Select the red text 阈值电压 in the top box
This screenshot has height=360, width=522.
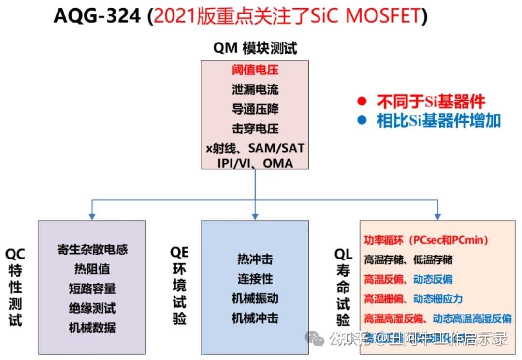click(x=255, y=70)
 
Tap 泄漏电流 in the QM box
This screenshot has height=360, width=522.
click(x=255, y=89)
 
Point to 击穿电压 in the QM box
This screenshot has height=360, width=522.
click(x=255, y=129)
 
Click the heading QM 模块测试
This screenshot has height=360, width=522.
click(x=255, y=48)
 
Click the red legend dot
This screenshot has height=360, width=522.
click(x=361, y=101)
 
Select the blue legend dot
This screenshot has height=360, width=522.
click(x=361, y=120)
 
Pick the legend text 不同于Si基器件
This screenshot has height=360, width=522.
click(x=431, y=101)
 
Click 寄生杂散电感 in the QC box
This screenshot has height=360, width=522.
click(x=92, y=249)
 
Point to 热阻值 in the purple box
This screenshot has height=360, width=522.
click(x=92, y=269)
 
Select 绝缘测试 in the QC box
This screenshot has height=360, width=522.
click(x=92, y=308)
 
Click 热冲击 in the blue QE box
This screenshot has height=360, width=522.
click(x=255, y=259)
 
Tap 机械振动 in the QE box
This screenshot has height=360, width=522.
click(x=255, y=298)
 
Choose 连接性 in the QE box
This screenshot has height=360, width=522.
click(x=255, y=278)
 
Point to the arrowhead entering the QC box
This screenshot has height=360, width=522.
click(x=92, y=216)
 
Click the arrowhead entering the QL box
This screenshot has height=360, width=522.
click(x=438, y=216)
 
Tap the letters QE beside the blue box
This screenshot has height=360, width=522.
click(x=179, y=252)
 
